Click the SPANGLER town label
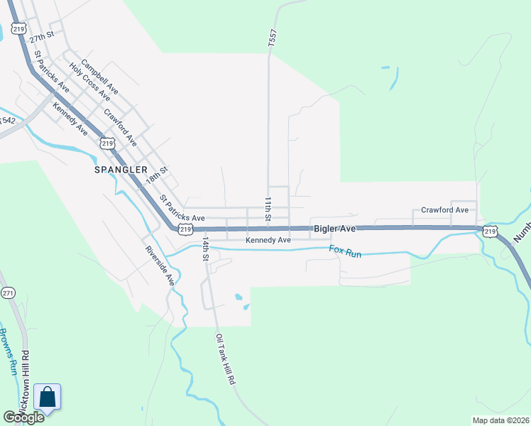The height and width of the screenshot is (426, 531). [x=121, y=170]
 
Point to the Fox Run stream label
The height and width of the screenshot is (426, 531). [x=345, y=251]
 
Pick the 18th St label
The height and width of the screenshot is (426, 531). [x=156, y=175]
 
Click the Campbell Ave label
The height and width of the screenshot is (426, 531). [x=99, y=77]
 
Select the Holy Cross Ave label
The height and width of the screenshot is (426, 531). [x=89, y=82]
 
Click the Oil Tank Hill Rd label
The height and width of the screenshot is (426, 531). [x=226, y=359]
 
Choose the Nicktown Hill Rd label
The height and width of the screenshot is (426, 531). [x=26, y=384]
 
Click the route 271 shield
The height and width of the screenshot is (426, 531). [x=9, y=293]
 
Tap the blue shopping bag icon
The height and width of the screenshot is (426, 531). [x=47, y=398]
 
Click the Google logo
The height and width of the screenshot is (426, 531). [x=23, y=417]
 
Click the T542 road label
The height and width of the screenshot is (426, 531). [x=7, y=121]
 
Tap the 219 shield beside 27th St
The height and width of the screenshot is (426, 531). [x=19, y=29]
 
